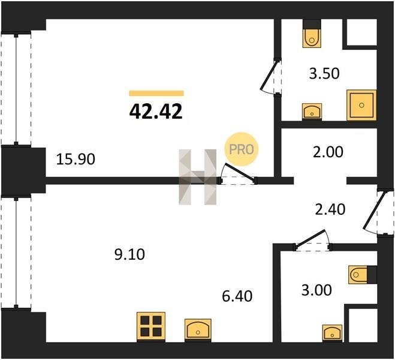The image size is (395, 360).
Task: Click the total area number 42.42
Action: coord(156,112)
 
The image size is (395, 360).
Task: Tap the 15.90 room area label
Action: coord(76,160)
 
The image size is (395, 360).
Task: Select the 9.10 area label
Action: coord(129,254)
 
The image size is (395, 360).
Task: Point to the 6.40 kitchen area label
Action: coord(237,296)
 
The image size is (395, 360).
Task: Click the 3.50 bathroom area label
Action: coord(324,74)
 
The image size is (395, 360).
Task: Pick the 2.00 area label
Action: coord(328,152)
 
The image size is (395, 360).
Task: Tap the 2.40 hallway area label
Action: coord(330,209)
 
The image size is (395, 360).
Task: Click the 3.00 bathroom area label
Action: coord(316,290)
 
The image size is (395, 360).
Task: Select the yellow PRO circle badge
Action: coord(242,149)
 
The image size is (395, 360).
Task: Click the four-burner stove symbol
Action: coord(151,327)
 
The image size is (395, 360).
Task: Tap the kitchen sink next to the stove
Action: coord(198,330)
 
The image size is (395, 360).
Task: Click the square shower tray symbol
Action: coord(361,105)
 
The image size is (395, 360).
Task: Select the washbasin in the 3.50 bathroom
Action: coord(312,112)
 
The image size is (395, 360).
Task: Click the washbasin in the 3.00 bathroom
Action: coord(333,333)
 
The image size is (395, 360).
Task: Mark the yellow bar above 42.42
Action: coord(156,93)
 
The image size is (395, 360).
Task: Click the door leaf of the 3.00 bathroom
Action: coord(310,238)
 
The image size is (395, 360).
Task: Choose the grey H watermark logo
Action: coord(198,177)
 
